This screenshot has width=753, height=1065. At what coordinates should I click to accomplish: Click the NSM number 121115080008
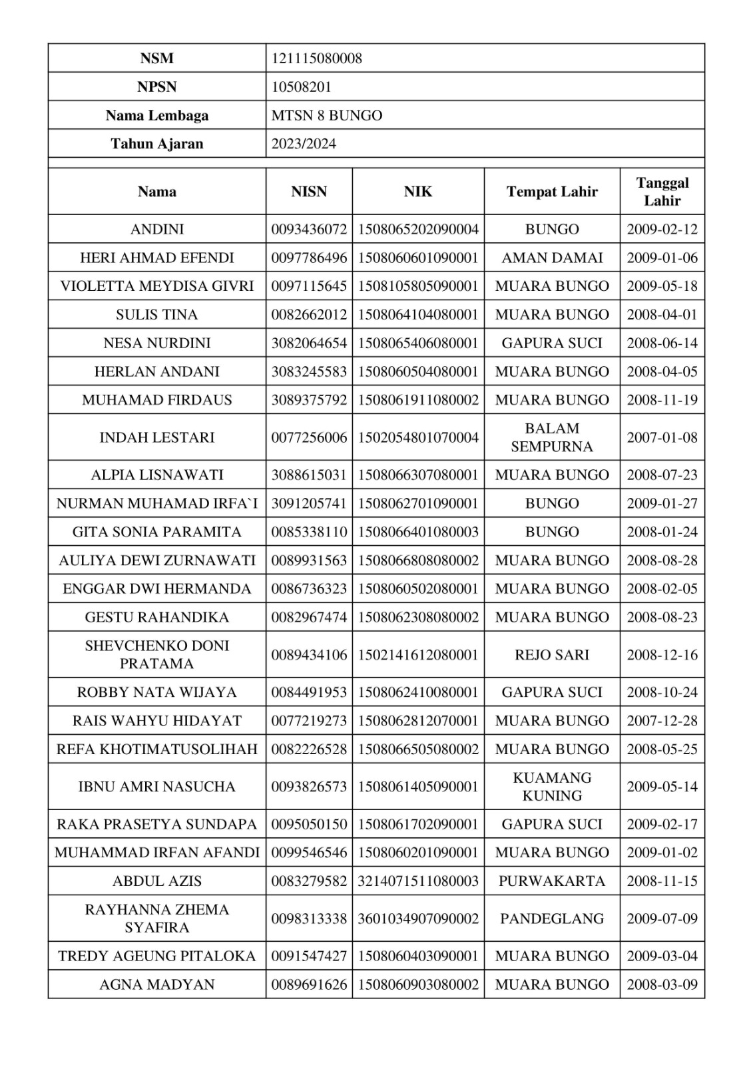click(x=316, y=59)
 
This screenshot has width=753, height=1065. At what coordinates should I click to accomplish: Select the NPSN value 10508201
click(x=301, y=87)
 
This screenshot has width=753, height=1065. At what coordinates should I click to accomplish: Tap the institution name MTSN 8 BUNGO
click(x=326, y=116)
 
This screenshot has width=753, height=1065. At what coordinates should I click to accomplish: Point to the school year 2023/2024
click(x=304, y=144)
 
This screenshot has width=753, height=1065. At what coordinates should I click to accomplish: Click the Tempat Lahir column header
click(x=552, y=192)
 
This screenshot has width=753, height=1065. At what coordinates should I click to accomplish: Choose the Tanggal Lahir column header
click(x=662, y=192)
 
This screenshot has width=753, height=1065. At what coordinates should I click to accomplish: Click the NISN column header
click(x=309, y=192)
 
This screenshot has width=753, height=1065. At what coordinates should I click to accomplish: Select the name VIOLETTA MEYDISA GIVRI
click(x=157, y=286)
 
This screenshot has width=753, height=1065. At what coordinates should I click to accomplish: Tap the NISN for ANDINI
click(x=309, y=230)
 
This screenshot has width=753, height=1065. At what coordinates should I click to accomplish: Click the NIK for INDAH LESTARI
click(x=418, y=437)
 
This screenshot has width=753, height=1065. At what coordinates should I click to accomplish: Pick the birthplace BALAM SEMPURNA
click(x=552, y=437)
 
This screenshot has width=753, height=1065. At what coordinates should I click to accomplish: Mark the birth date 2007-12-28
click(x=662, y=721)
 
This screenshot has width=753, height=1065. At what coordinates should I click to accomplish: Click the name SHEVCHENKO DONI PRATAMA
click(x=157, y=655)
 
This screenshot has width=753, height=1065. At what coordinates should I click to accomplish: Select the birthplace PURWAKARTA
click(x=552, y=881)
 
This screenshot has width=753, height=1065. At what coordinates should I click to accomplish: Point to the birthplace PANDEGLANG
click(x=552, y=919)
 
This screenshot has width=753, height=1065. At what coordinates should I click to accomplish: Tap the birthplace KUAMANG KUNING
click(x=552, y=787)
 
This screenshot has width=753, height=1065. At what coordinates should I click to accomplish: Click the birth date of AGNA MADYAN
click(x=662, y=984)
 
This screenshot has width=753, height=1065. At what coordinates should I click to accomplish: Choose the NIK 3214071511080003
click(x=418, y=881)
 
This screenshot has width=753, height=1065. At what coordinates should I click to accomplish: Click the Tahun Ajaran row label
click(x=157, y=144)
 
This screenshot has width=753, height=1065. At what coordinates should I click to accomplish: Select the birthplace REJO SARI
click(x=552, y=655)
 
